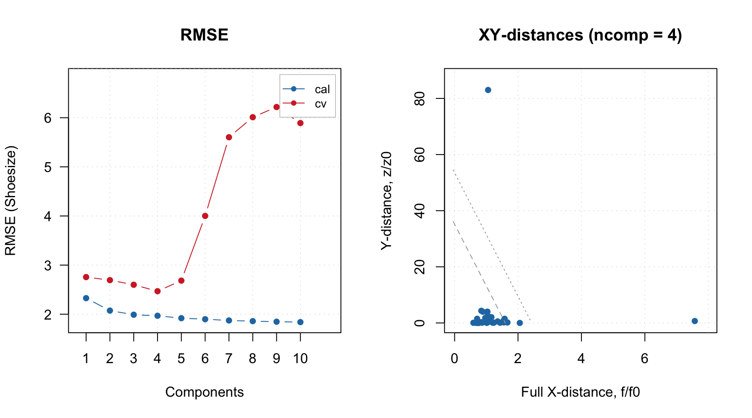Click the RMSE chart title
[x=204, y=35]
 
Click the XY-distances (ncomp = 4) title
[x=580, y=35]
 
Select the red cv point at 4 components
[x=158, y=291]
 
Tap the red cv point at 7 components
[x=229, y=137]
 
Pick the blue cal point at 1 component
[x=86, y=298]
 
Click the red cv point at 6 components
[x=205, y=216]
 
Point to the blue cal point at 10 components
[x=300, y=322]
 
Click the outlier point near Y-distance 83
[x=488, y=90]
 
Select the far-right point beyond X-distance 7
[x=695, y=321]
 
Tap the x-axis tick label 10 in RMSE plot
[x=300, y=359]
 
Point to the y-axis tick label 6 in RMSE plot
[x=48, y=118]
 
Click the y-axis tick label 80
[x=420, y=99]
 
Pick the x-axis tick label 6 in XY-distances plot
[x=645, y=359]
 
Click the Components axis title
[x=204, y=392]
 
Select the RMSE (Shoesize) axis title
[x=10, y=201]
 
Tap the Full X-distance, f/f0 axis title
[x=580, y=392]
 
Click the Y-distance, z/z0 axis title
[x=386, y=201]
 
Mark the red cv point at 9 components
[x=276, y=107]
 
